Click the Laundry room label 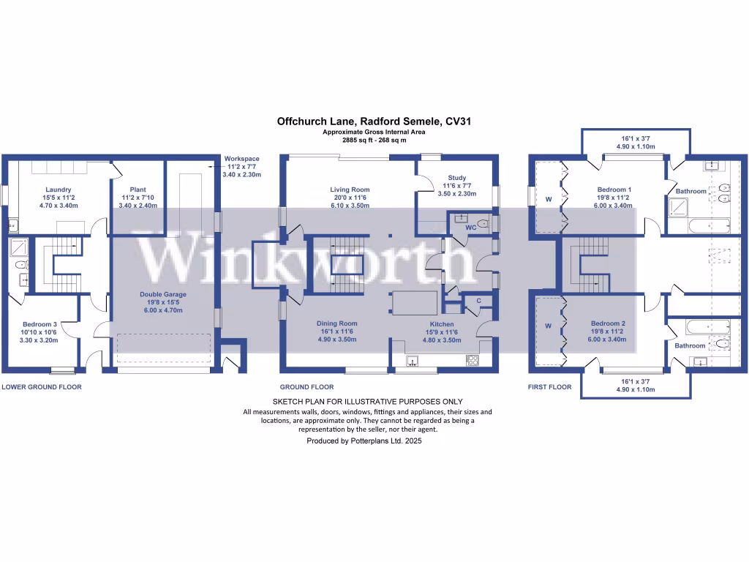[x=57, y=190]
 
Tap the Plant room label [x=138, y=190]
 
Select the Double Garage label [x=163, y=294]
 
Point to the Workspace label [x=242, y=159]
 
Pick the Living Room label [x=350, y=190]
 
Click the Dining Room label [x=336, y=323]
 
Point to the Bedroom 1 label [x=614, y=190]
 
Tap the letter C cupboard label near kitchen [x=478, y=301]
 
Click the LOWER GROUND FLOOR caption [x=42, y=387]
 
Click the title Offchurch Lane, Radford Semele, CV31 [x=374, y=122]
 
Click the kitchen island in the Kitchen [x=415, y=303]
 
